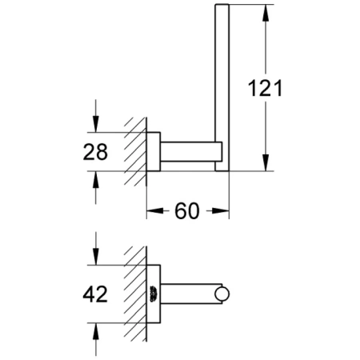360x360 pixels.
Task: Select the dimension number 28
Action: (96, 151)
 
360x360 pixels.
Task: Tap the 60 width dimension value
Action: (186, 211)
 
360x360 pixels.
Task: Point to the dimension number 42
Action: (96, 294)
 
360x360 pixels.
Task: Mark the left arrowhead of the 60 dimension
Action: (151, 211)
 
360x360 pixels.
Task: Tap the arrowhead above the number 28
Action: (96, 123)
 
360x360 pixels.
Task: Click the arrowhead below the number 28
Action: (96, 179)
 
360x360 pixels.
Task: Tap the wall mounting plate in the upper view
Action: (154, 151)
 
